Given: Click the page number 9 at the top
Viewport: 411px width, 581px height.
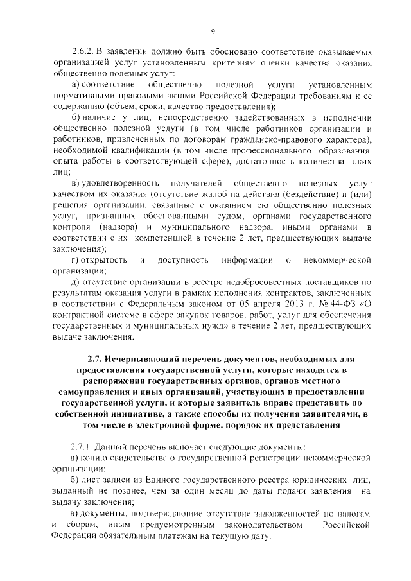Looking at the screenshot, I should [212, 31].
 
